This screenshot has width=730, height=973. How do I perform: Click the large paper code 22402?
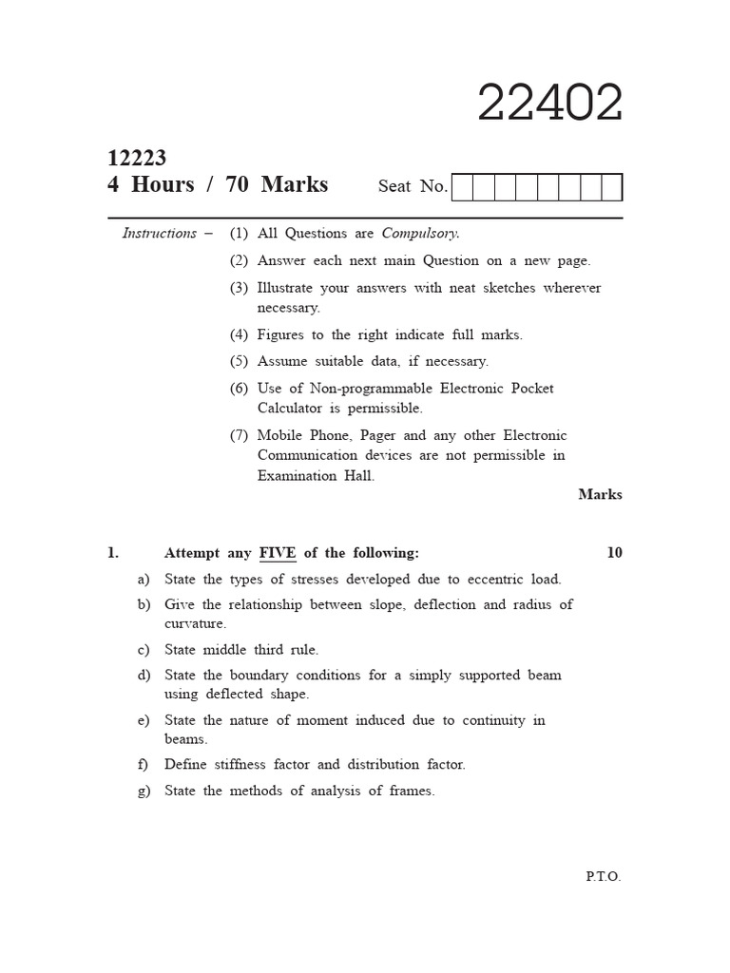[549, 104]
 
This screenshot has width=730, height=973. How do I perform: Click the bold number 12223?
[137, 158]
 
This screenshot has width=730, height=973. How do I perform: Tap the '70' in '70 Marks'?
[238, 184]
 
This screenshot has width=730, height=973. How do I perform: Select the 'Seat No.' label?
[413, 186]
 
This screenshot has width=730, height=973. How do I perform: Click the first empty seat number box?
[462, 187]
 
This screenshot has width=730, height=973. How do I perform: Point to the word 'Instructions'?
[159, 233]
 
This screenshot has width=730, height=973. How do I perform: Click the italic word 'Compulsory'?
[419, 233]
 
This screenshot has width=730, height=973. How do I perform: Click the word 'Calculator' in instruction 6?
[292, 409]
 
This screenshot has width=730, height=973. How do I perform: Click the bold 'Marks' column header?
[600, 494]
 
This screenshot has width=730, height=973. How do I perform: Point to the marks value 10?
[614, 553]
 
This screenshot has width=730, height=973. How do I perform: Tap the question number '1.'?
[113, 553]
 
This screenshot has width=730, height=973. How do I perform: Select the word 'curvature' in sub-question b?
[195, 624]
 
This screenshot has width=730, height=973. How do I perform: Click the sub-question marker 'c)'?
[144, 650]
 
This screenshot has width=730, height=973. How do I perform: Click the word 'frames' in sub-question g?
[411, 791]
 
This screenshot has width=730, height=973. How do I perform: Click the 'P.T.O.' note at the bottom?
[603, 876]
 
